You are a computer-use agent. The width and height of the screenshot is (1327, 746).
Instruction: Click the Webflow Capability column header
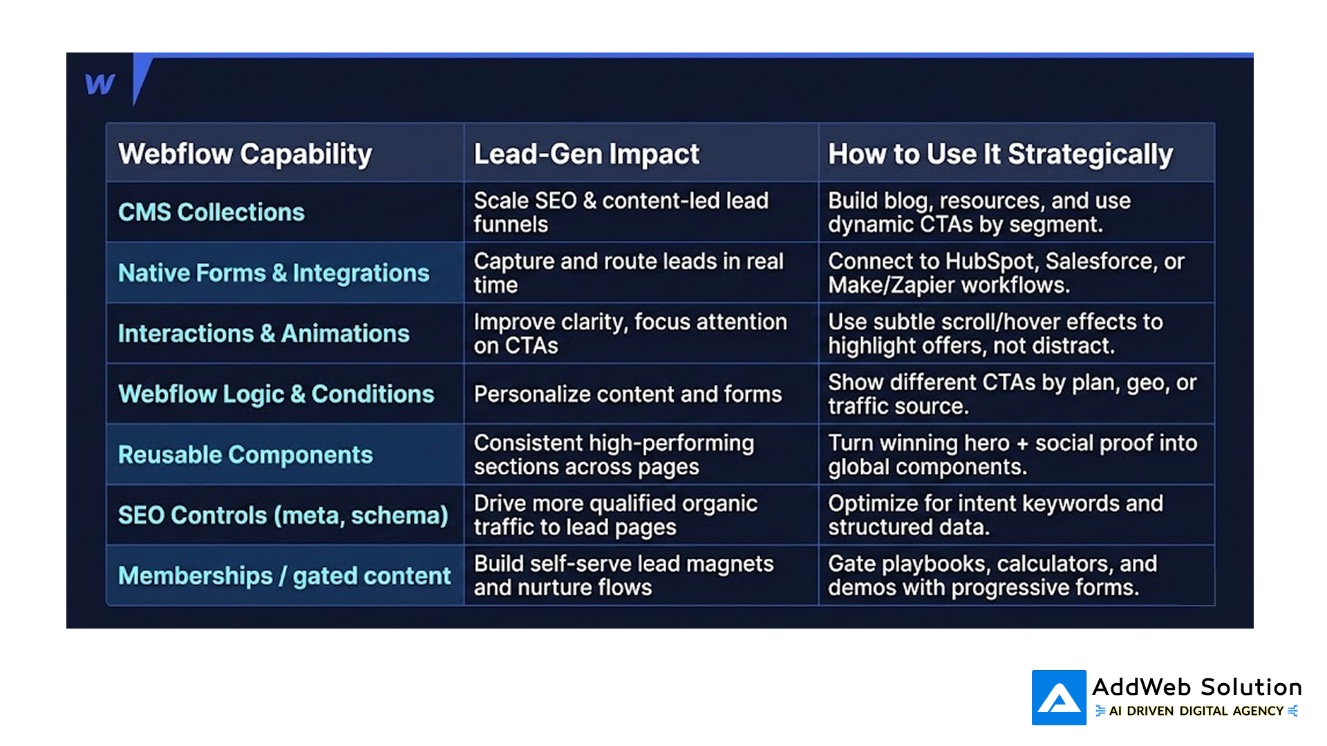click(245, 154)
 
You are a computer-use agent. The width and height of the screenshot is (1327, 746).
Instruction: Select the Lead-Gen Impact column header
click(586, 154)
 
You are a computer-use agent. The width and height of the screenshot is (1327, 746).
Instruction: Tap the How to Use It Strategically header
click(1000, 154)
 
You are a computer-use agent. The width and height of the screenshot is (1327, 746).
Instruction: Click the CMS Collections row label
click(211, 212)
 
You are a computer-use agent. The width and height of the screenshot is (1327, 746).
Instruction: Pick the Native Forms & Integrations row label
click(274, 273)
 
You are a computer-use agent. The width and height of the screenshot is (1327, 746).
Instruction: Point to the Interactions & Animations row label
click(263, 334)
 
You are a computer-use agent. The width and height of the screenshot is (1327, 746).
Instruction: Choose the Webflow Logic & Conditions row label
click(276, 394)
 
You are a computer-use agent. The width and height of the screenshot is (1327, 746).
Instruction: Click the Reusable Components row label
click(245, 455)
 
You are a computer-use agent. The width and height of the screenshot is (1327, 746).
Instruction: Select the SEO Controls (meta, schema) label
click(283, 515)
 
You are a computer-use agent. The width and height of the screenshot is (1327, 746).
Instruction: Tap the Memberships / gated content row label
click(284, 575)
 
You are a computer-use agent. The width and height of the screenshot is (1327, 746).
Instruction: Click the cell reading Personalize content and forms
click(628, 394)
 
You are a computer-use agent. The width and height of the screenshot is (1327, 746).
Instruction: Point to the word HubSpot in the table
click(991, 261)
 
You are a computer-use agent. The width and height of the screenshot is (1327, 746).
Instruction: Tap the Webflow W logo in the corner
click(100, 84)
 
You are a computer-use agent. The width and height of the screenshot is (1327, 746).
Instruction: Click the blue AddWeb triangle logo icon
click(1059, 698)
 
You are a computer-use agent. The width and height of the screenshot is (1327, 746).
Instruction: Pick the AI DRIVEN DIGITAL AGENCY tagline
click(1196, 711)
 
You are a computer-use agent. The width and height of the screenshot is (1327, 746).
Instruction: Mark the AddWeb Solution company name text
click(1197, 687)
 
